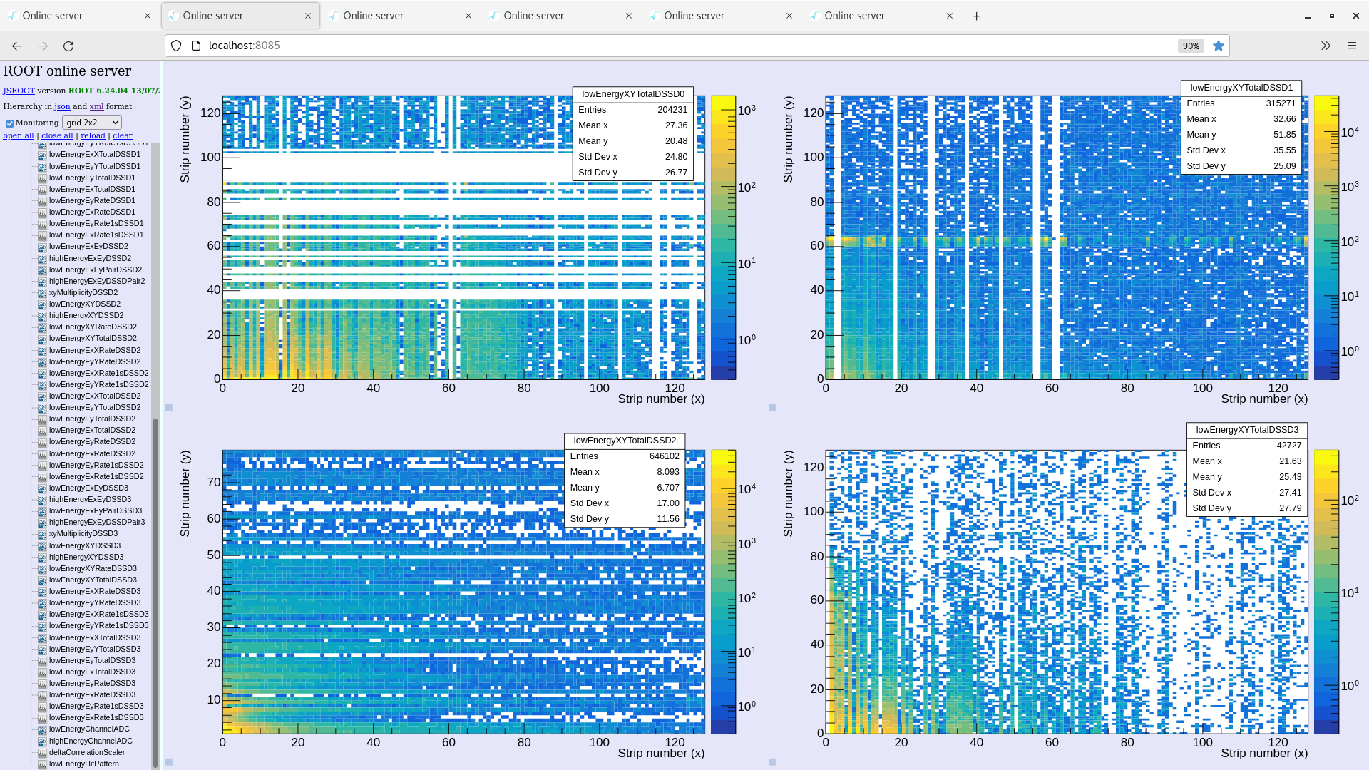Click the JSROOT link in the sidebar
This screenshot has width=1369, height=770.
pyautogui.click(x=19, y=91)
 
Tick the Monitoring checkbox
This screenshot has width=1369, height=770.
pyautogui.click(x=9, y=123)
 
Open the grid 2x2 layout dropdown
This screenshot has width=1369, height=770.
pyautogui.click(x=92, y=123)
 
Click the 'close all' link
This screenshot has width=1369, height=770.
pyautogui.click(x=57, y=135)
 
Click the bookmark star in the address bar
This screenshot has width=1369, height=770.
pyautogui.click(x=1218, y=46)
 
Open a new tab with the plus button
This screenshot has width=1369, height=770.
pyautogui.click(x=976, y=16)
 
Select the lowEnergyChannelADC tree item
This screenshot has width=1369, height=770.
pyautogui.click(x=89, y=729)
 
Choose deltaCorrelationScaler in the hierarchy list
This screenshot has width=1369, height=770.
pyautogui.click(x=86, y=752)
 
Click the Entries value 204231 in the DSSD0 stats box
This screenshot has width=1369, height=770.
pyautogui.click(x=672, y=110)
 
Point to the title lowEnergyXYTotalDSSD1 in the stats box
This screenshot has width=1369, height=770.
pyautogui.click(x=1241, y=88)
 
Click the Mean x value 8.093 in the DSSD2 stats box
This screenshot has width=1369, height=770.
pyautogui.click(x=667, y=472)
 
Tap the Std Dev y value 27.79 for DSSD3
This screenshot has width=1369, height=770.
pyautogui.click(x=1290, y=508)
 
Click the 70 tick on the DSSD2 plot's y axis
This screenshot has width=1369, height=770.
pyautogui.click(x=213, y=482)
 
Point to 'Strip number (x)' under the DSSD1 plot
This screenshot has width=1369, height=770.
pyautogui.click(x=1263, y=399)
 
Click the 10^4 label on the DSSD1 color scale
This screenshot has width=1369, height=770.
pyautogui.click(x=1349, y=133)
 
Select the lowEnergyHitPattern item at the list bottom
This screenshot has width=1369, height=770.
pyautogui.click(x=83, y=764)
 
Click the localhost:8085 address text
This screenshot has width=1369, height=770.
pyautogui.click(x=244, y=46)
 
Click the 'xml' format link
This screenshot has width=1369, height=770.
pyautogui.click(x=96, y=106)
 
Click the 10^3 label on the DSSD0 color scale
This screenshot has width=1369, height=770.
pyautogui.click(x=746, y=111)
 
